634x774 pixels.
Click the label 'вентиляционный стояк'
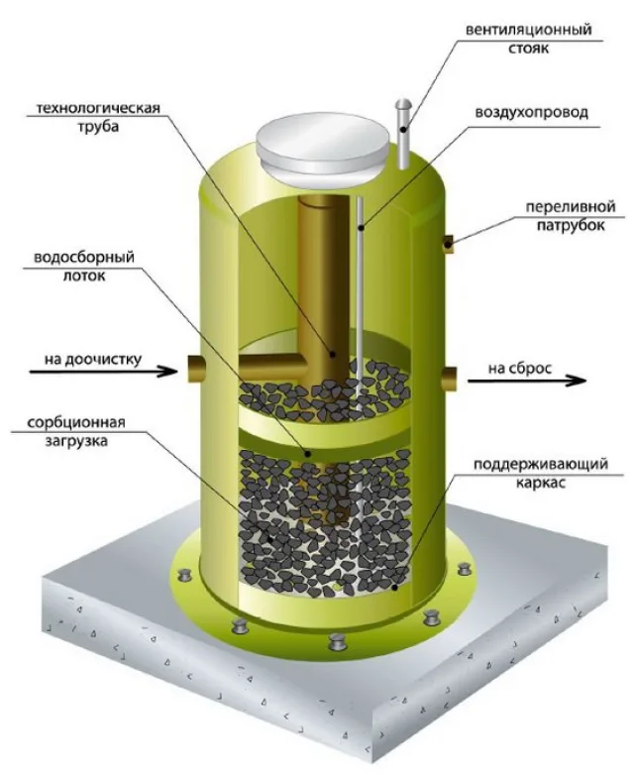click(528, 39)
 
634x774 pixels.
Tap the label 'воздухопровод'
click(531, 113)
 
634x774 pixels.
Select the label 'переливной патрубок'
click(571, 216)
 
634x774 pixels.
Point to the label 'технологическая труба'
click(99, 117)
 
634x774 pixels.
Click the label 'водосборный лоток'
click(84, 266)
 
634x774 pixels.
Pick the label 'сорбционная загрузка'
click(76, 431)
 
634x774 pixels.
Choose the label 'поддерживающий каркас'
click(541, 473)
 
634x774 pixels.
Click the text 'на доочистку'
click(93, 359)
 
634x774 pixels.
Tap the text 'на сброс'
click(520, 369)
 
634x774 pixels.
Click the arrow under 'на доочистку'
click(103, 372)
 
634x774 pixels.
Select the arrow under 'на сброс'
click(527, 381)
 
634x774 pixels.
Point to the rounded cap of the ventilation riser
click(404, 104)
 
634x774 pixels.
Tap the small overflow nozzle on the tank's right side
click(448, 243)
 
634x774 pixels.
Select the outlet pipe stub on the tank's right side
click(449, 380)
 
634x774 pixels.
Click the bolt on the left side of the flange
click(185, 576)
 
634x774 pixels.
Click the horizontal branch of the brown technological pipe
click(271, 367)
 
